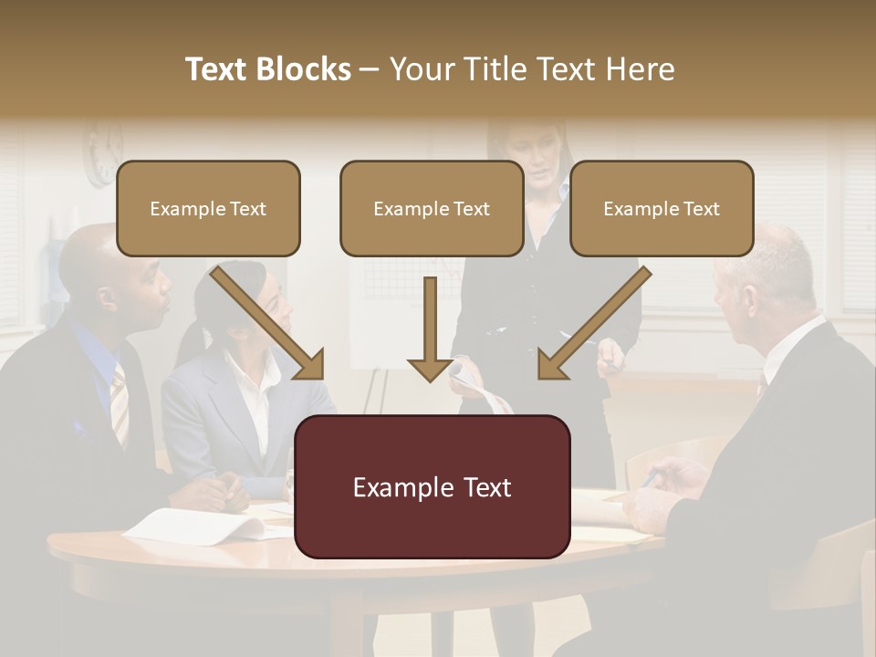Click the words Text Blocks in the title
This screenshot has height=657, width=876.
coord(267,69)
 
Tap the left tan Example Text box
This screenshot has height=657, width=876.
coord(208,208)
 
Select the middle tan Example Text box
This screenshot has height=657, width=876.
coord(432,208)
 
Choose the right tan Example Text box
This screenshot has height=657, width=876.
coord(662,208)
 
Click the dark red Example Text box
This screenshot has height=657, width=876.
coord(432,487)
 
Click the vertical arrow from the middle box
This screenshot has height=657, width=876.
coord(431,328)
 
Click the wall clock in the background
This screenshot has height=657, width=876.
coord(103,151)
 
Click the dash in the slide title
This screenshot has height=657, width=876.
coord(370,69)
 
